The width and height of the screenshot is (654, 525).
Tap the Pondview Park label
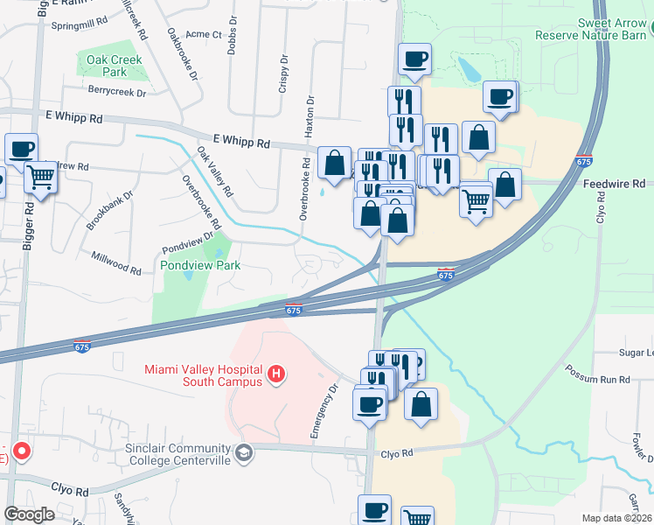(199, 264)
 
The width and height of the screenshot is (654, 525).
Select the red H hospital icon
(276, 374)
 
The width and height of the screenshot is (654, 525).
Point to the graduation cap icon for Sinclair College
(246, 452)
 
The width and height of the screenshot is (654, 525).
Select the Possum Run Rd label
(599, 380)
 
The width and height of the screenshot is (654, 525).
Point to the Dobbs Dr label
(232, 34)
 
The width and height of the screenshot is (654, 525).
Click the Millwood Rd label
(116, 263)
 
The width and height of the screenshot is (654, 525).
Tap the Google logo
(29, 514)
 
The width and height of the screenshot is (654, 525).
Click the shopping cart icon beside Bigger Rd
(41, 178)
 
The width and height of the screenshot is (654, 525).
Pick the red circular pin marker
(19, 453)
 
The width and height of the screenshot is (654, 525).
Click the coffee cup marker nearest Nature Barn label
(500, 96)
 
